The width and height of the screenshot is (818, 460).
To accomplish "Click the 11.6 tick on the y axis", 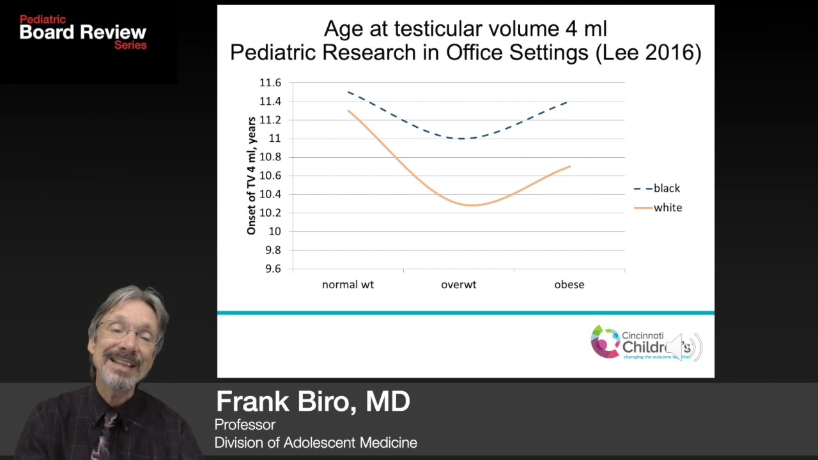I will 270,83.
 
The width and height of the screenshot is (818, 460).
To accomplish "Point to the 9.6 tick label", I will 270,269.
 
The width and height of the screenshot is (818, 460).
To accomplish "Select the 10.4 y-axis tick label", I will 270,194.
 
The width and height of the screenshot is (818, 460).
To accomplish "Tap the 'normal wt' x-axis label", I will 348,284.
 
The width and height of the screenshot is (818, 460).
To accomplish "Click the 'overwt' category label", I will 458,284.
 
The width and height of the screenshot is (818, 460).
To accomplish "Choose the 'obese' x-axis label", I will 569,284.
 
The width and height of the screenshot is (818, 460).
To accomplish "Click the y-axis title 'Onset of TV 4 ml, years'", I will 252,176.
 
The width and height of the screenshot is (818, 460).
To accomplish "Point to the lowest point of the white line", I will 472,205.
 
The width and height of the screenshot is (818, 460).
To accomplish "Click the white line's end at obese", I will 569,167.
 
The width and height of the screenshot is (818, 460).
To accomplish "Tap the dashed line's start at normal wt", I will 349,93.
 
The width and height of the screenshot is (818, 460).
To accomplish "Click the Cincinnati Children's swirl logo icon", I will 605,342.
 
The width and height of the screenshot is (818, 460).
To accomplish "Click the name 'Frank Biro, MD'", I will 313,401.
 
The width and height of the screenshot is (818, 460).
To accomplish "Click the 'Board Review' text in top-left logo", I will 83,33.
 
